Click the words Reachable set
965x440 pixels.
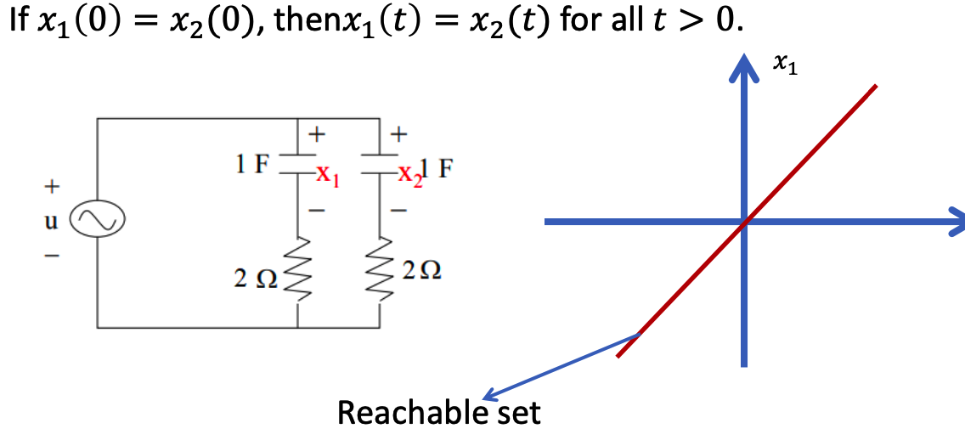point(439,413)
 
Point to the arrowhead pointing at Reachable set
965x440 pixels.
point(491,395)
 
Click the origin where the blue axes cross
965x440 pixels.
point(745,222)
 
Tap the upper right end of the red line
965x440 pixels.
point(875,86)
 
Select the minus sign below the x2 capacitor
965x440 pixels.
point(398,211)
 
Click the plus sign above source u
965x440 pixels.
point(53,185)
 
